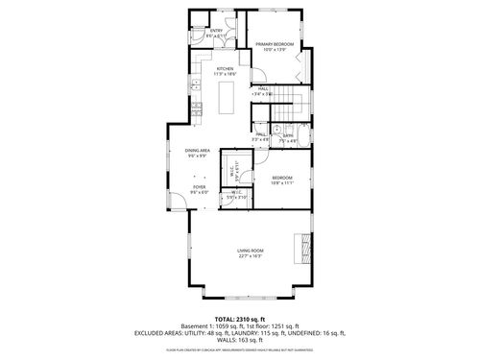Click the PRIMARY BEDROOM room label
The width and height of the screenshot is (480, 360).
[x=275, y=44]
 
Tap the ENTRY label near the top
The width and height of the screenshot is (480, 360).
[x=215, y=32]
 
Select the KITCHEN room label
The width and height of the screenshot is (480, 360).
[x=225, y=69]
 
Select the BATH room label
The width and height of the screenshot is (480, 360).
[x=287, y=136]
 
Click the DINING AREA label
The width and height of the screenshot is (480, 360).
[x=200, y=151]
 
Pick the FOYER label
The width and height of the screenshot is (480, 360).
[x=199, y=188]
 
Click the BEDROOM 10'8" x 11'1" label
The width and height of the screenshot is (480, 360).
[x=281, y=179]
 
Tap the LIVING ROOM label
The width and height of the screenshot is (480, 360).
[x=251, y=252]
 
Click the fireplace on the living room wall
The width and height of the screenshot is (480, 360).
[x=307, y=246]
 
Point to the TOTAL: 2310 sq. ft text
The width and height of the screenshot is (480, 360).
[x=240, y=318]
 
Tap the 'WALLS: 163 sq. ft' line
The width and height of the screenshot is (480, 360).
[x=240, y=341]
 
